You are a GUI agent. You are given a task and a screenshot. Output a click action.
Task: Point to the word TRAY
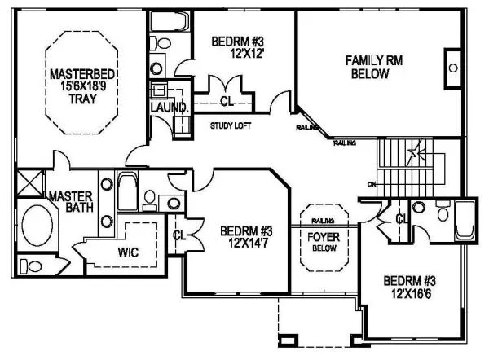click(72, 100)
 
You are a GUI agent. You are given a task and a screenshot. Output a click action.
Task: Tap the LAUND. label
click(169, 107)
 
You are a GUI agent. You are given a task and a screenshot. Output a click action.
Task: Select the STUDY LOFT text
click(230, 125)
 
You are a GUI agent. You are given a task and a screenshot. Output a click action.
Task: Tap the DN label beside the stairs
click(371, 184)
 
